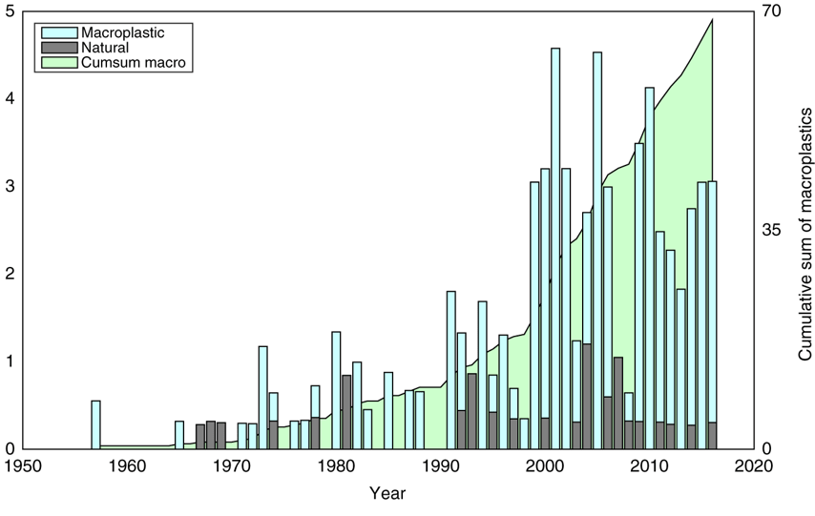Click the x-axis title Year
tap(388, 493)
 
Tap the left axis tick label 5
tap(9, 11)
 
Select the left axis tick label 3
tap(9, 186)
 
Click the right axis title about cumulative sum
tap(804, 229)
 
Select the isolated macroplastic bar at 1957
tap(95, 424)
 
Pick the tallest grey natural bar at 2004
tap(587, 396)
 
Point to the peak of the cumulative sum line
tap(712, 20)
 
